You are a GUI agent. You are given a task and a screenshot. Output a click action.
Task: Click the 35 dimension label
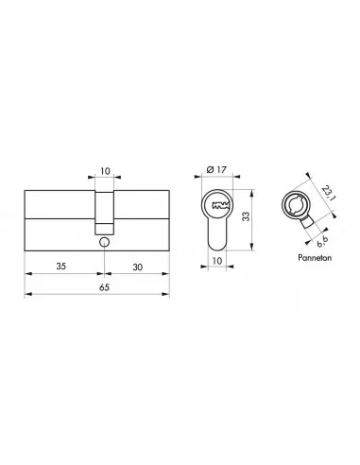point(60,267)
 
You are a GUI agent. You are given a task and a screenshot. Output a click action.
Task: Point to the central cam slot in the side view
point(103,203)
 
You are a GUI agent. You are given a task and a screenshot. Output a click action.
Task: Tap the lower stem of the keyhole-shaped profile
point(217,236)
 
